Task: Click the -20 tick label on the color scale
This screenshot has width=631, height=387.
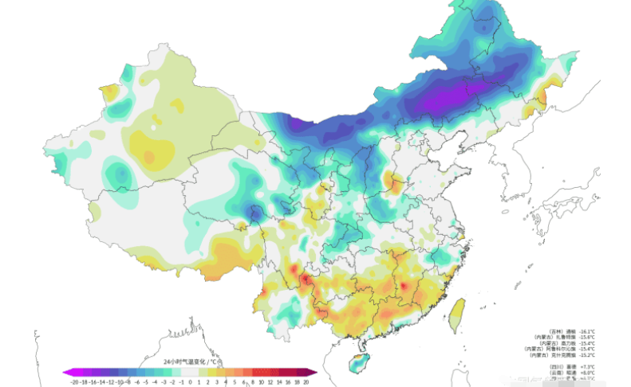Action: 74,381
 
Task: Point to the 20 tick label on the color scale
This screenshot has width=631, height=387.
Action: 306,381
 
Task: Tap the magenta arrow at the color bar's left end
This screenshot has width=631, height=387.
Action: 67,372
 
